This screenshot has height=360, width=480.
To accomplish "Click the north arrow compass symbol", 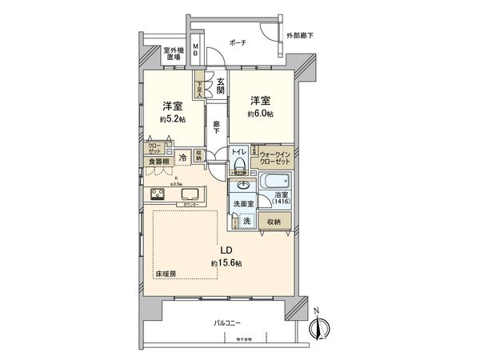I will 325,326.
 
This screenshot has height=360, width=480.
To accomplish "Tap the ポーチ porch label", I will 237,42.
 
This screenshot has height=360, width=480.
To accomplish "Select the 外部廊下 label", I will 301,36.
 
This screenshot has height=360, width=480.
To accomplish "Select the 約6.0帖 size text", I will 259,114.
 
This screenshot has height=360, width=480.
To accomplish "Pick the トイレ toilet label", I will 238,150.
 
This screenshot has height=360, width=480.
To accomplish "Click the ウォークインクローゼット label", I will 274,157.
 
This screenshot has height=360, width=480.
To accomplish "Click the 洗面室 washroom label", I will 243,205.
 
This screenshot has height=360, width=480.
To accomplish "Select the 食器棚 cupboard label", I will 157,161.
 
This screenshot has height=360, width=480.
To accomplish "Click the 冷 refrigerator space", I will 183,157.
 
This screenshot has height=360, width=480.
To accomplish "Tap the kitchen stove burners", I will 158,194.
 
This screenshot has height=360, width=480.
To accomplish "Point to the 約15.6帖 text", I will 226,262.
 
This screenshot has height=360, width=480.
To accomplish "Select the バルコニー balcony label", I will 227,322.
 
